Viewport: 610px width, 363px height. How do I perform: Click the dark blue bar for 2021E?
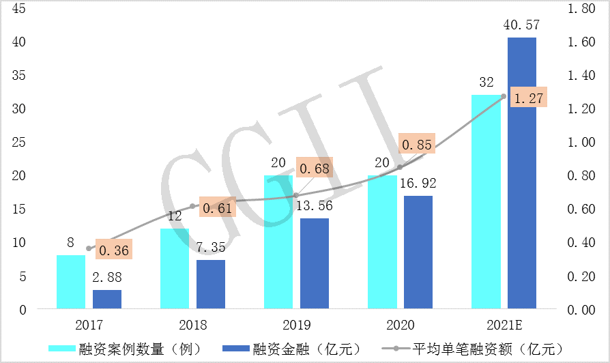click(x=521, y=173)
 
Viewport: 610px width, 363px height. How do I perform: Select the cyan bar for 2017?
click(x=71, y=282)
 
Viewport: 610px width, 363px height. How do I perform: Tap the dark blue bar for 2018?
click(x=211, y=285)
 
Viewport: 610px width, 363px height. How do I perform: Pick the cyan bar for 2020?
click(x=382, y=242)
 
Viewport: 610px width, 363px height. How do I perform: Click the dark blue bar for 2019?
click(x=315, y=263)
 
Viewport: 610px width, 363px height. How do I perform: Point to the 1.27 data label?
click(x=529, y=99)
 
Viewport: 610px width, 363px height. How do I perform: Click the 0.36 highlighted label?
click(x=113, y=250)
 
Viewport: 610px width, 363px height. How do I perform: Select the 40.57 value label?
click(x=522, y=25)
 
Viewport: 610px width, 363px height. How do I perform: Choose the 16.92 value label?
click(x=418, y=184)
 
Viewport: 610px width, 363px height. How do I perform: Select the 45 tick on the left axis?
click(x=19, y=9)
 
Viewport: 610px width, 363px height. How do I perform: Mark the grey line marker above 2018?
click(x=192, y=206)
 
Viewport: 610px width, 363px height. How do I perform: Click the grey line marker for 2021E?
click(x=504, y=97)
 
